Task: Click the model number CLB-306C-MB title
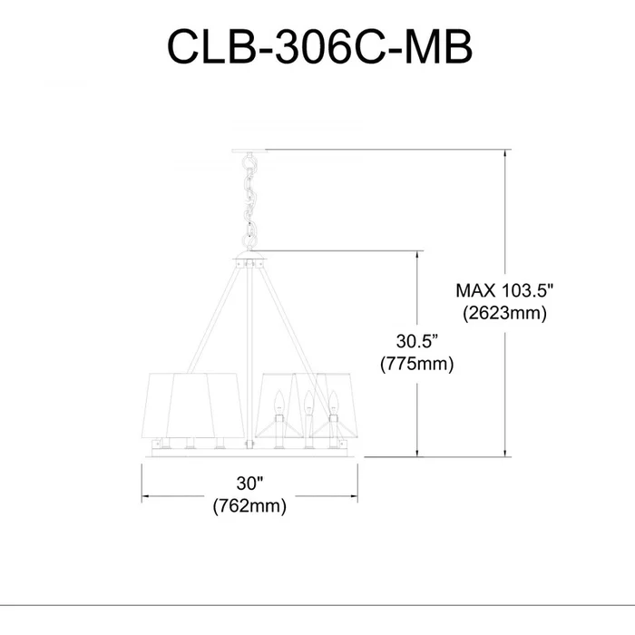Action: tap(319, 46)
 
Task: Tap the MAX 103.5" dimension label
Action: tap(504, 290)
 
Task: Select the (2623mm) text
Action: tap(504, 313)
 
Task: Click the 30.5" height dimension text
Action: tap(417, 341)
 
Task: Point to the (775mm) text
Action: tap(416, 364)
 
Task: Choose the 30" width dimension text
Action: tap(249, 484)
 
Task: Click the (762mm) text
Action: tap(249, 506)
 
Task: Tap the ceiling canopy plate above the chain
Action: tap(249, 151)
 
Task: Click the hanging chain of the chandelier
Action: tap(249, 201)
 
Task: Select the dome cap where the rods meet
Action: tap(249, 255)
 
